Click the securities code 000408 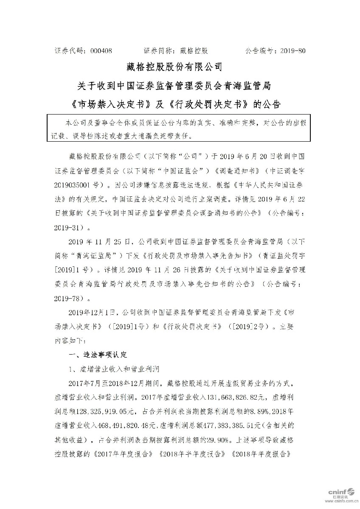tap(101, 50)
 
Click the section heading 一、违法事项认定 tap(97, 354)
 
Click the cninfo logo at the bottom tap(343, 492)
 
